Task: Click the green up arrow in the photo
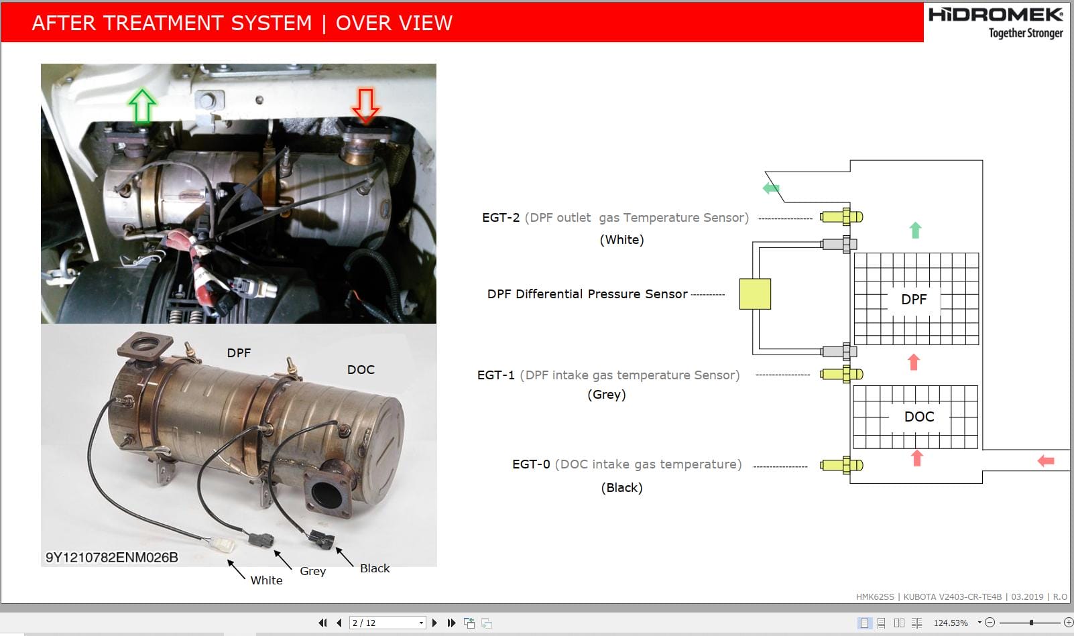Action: [142, 107]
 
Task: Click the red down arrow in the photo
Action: [365, 105]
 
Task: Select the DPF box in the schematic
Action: [915, 299]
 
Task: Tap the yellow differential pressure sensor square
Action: [755, 294]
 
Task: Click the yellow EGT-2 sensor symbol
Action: [842, 217]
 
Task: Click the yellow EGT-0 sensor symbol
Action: [842, 464]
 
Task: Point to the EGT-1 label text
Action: [495, 375]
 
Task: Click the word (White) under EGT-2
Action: [621, 239]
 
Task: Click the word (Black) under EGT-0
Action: [621, 487]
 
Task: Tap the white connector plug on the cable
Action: [220, 544]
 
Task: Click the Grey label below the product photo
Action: [312, 571]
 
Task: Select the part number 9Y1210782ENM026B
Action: [112, 557]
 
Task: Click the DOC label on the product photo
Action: [361, 369]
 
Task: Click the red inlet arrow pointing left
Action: [1045, 460]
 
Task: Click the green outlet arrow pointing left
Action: [771, 188]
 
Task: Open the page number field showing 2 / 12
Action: [387, 623]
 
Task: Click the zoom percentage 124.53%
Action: [951, 623]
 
